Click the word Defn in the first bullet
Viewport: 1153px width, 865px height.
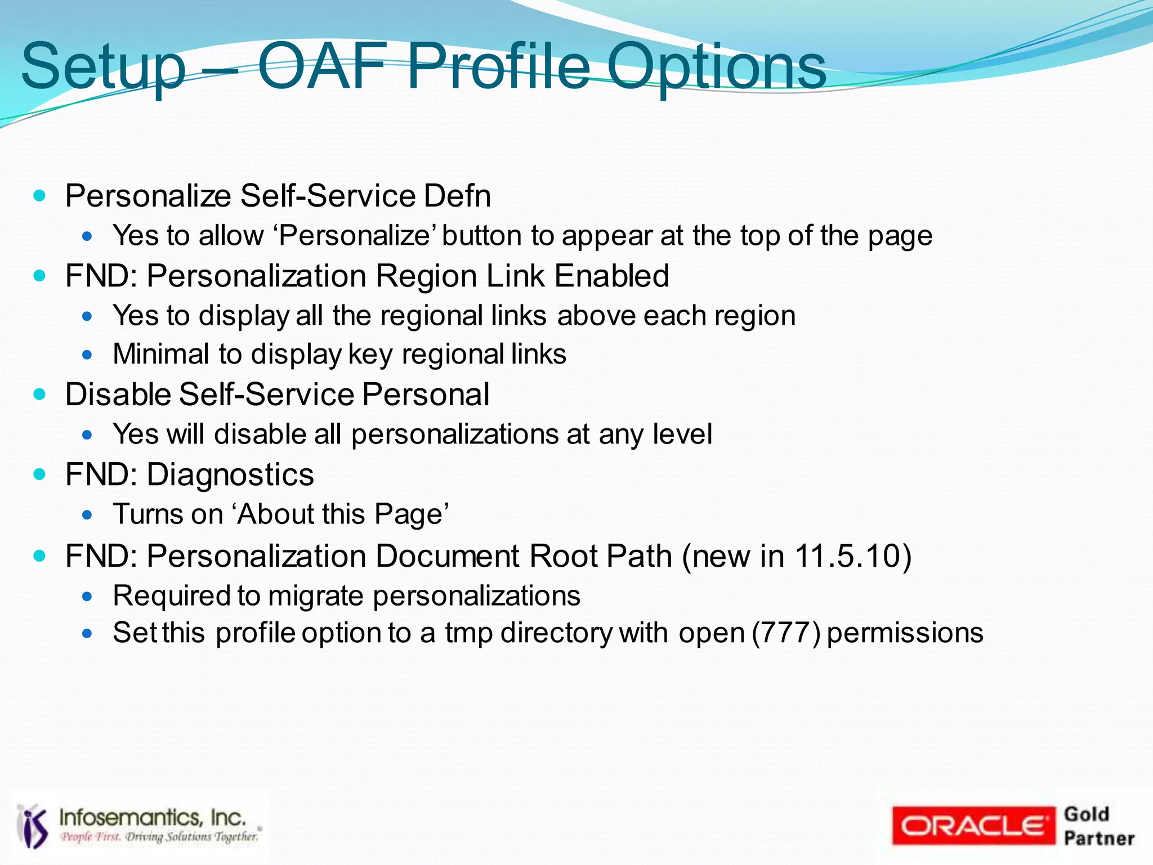[457, 196]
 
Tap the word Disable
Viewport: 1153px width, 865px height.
[118, 394]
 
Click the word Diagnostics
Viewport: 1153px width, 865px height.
[230, 474]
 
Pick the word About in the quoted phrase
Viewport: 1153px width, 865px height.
[274, 514]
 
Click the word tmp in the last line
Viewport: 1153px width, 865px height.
[468, 633]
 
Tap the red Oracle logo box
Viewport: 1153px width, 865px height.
[973, 826]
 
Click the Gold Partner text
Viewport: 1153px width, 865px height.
[1098, 826]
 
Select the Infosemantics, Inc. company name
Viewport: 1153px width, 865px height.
[153, 817]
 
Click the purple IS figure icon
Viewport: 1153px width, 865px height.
[33, 826]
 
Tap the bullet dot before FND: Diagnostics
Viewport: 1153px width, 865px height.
[39, 474]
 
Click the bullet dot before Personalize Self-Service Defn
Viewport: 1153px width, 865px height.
[39, 196]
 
